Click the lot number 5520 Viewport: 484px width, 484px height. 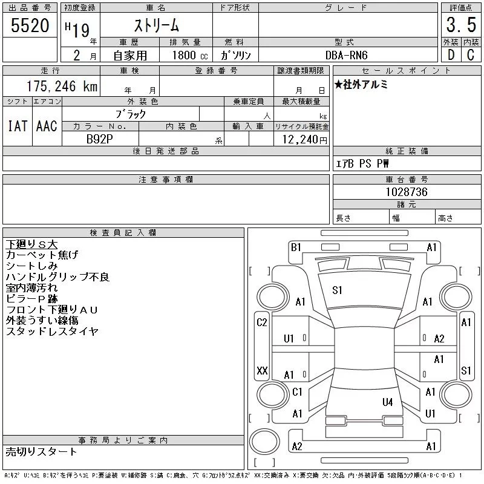click(30, 25)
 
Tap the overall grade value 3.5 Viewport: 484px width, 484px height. click(461, 25)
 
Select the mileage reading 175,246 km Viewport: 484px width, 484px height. click(62, 86)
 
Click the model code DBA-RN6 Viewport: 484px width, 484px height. click(346, 55)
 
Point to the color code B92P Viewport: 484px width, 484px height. click(99, 139)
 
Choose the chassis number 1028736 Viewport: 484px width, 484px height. click(407, 192)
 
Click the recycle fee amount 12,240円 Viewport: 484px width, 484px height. click(304, 140)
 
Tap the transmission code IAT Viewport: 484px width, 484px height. click(18, 126)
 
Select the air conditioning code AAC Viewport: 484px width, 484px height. click(47, 126)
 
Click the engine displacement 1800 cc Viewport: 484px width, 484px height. click(190, 55)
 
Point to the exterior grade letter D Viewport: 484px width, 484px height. click(451, 55)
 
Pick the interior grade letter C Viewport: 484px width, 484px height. click(471, 55)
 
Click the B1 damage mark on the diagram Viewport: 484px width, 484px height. click(296, 247)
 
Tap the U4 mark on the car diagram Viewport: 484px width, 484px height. click(387, 402)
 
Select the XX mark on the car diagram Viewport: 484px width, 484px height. click(262, 370)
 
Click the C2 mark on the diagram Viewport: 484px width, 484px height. click(262, 322)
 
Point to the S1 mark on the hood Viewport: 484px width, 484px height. click(337, 290)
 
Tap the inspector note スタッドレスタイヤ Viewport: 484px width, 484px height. click(52, 332)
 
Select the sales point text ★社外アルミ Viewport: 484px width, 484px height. click(361, 84)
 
